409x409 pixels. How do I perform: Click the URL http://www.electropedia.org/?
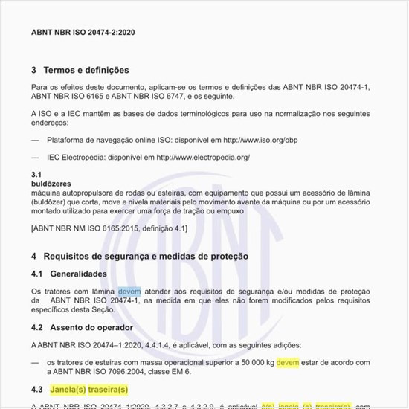pos(199,158)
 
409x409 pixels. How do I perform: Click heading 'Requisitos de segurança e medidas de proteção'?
pos(146,256)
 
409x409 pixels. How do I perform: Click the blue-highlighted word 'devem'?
pos(129,291)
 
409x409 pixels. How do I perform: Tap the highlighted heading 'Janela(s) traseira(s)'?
pos(88,389)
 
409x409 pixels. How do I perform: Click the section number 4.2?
pos(37,327)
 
